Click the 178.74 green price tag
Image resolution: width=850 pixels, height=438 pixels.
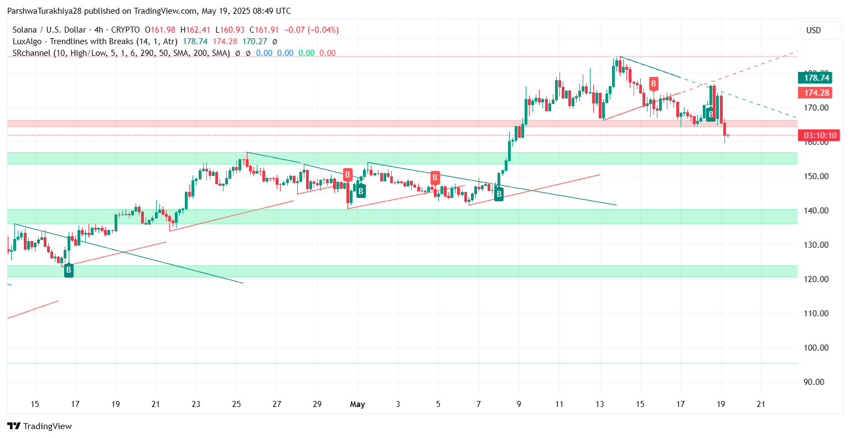[815, 78]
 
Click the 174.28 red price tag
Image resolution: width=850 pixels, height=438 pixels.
[815, 93]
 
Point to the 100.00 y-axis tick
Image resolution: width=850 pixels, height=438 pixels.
[816, 348]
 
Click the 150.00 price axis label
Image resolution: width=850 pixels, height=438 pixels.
[816, 176]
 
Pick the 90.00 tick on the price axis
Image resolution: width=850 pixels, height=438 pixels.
[817, 382]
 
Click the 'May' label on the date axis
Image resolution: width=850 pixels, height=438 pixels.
[357, 404]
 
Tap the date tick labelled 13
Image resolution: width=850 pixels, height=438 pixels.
[600, 404]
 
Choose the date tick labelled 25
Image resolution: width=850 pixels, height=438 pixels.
[236, 404]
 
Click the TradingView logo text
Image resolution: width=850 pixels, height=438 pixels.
[40, 426]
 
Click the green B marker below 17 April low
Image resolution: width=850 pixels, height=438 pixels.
[69, 270]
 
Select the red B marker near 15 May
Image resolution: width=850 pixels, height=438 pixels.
[654, 84]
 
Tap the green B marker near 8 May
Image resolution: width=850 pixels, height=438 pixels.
[499, 194]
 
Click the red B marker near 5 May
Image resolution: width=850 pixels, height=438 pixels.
[435, 178]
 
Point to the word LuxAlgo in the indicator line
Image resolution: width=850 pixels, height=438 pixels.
[28, 41]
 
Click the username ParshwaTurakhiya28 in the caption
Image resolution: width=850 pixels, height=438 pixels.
[44, 11]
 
